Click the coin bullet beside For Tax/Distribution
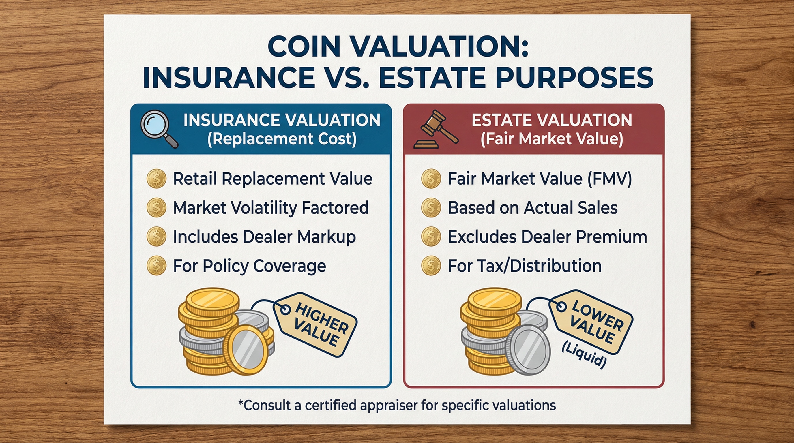point(431,266)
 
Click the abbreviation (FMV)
point(609,179)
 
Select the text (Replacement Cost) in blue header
point(282,139)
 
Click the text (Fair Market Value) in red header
point(552,139)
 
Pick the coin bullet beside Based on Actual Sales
point(431,208)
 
